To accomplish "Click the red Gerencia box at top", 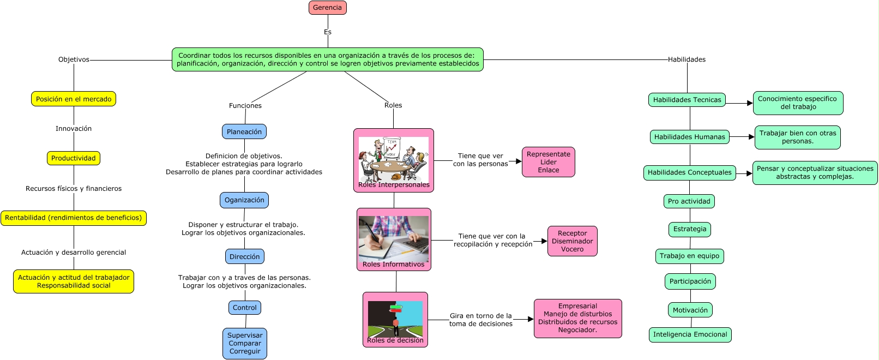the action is tap(327, 8).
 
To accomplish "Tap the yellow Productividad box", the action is tap(74, 158).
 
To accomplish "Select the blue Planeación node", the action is tap(244, 131).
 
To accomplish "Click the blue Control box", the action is tap(244, 308).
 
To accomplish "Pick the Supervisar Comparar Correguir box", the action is tap(244, 344).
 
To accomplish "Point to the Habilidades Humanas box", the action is tap(689, 137).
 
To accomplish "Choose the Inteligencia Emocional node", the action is tap(690, 334).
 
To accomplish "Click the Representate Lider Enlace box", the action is tap(548, 162).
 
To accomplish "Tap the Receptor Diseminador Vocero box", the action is tap(572, 241).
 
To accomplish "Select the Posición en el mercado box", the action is tap(74, 99).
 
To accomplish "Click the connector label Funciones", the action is tap(245, 106).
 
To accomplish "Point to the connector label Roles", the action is tap(393, 105).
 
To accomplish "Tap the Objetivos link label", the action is tap(74, 59).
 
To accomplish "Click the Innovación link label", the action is tap(74, 128).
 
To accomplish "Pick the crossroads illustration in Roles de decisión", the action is tap(395, 319).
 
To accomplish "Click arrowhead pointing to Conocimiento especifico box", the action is tap(750, 103).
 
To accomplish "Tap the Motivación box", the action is tap(690, 310).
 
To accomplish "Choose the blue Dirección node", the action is tap(244, 257).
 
